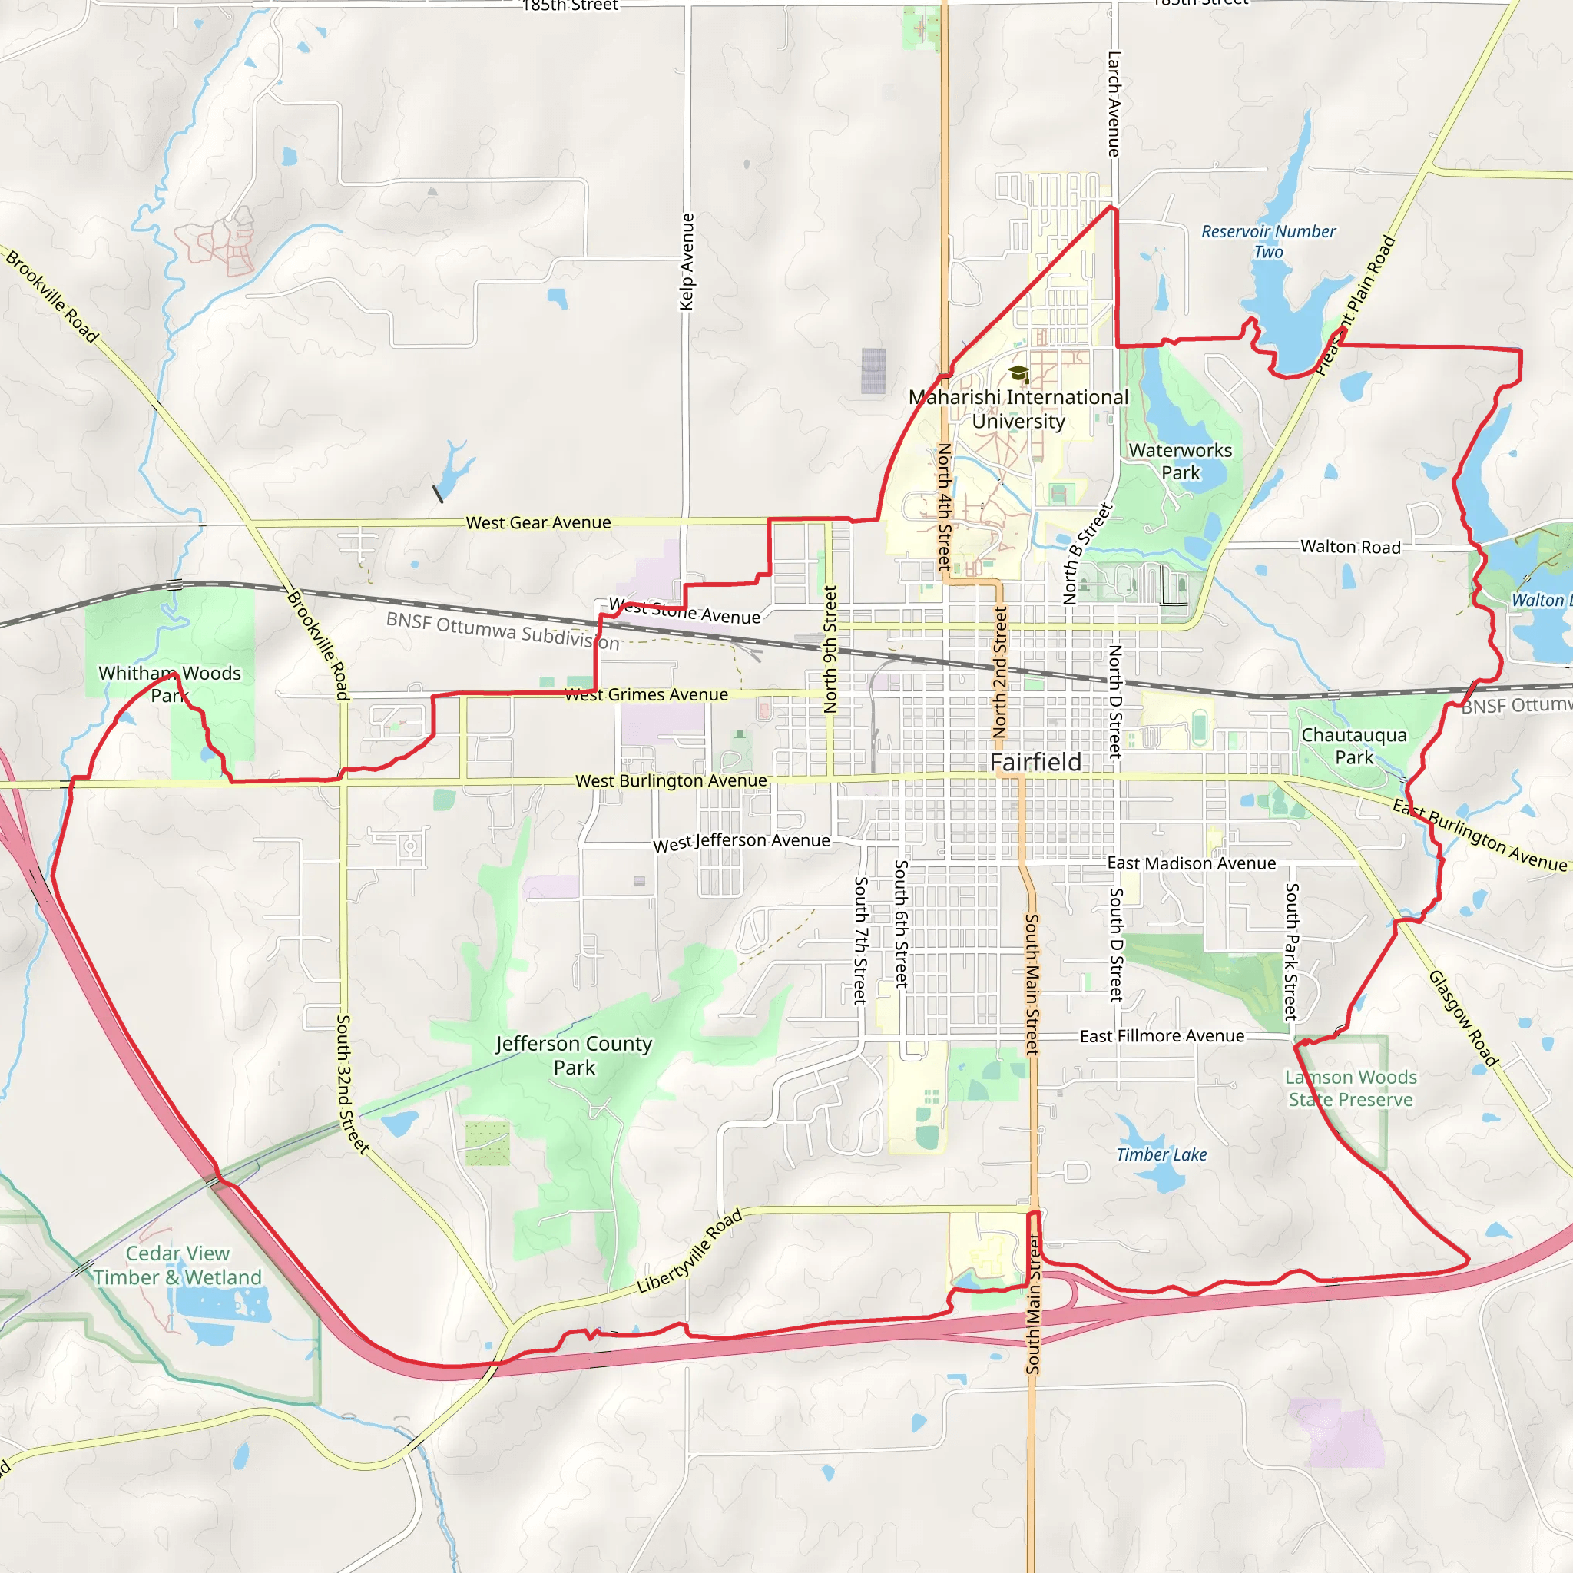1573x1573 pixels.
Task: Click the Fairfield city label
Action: (1035, 762)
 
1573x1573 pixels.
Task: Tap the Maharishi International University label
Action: (1018, 409)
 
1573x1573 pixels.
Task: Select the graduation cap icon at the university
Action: (1018, 374)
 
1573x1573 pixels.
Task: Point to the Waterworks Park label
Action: (1181, 462)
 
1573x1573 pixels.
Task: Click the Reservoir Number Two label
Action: (1269, 242)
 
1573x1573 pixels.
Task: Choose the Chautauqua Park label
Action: (1354, 746)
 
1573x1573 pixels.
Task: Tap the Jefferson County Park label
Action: (574, 1055)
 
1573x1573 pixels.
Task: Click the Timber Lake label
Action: (1161, 1154)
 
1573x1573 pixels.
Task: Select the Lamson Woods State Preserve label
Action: (1352, 1088)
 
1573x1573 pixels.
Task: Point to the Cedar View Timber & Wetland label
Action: (177, 1265)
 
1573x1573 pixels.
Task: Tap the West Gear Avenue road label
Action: (538, 523)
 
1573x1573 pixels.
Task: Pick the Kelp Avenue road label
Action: (687, 261)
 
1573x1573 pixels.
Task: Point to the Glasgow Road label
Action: (1463, 1018)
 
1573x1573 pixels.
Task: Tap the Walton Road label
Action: (1351, 546)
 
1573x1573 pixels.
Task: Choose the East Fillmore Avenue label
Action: (1162, 1036)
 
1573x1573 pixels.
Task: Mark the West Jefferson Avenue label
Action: (742, 842)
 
